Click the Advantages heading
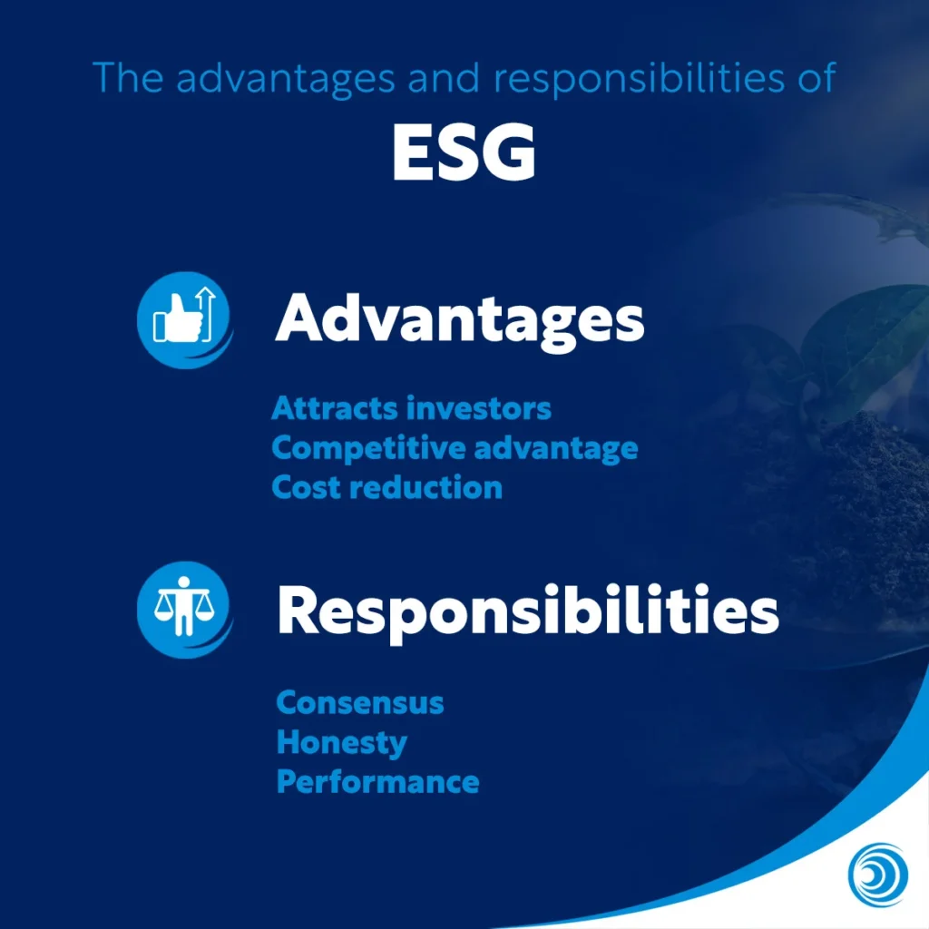tap(459, 319)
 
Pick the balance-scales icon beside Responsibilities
tap(183, 608)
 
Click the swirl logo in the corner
tap(877, 875)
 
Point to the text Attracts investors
tap(411, 408)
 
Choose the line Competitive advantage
tap(455, 448)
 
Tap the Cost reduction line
tap(386, 487)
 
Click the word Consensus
tap(360, 702)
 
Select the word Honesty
tap(341, 742)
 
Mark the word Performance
tap(377, 782)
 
